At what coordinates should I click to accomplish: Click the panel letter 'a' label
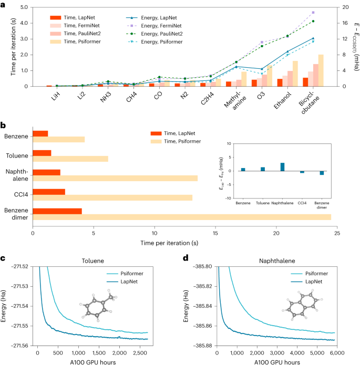click(3, 4)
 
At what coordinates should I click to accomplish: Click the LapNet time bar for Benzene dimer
click(57, 211)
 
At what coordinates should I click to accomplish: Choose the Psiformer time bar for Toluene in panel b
click(70, 159)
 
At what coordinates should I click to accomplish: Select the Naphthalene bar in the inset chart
click(282, 167)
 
